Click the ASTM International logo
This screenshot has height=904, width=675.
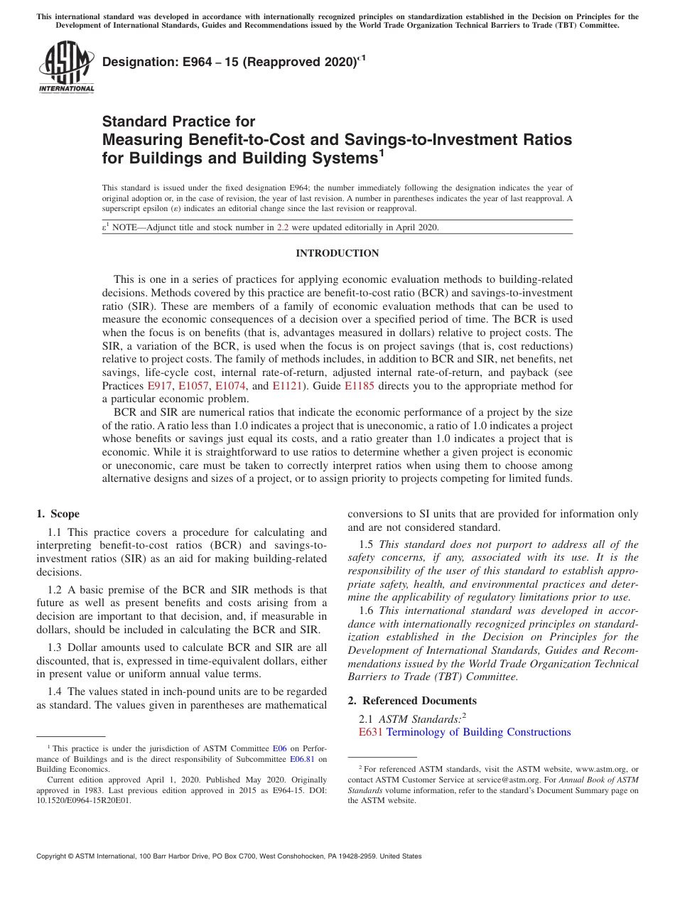[66, 68]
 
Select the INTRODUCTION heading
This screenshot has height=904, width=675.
[337, 254]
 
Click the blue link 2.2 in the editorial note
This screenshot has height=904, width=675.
[282, 228]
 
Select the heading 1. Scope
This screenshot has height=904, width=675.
[58, 514]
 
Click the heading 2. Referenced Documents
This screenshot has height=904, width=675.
[412, 701]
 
